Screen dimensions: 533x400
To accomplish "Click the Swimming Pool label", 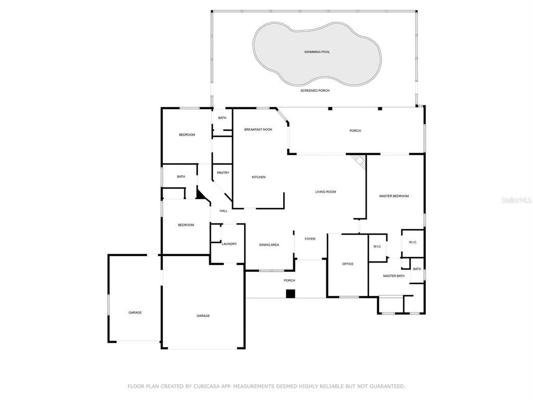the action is [317, 52].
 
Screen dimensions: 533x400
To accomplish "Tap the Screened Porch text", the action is [315, 91].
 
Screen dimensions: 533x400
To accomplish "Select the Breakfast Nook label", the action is [258, 130].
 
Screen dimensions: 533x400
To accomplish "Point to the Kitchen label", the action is [258, 177].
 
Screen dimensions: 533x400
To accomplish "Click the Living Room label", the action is [325, 192].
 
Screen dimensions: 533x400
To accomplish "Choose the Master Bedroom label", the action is [394, 196].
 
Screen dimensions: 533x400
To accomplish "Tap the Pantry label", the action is [223, 173].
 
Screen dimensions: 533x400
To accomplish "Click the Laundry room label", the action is [229, 244].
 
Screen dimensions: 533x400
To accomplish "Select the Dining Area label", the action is [269, 245].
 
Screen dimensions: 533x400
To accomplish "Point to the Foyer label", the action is [310, 239].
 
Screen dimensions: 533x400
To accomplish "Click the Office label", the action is [348, 264].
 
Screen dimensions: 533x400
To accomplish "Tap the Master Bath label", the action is [394, 276].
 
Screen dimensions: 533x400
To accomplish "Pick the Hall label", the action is [223, 211].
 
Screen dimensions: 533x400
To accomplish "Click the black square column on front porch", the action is [290, 294].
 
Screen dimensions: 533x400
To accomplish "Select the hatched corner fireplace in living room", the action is [359, 160].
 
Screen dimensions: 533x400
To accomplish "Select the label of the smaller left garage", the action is [135, 312].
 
